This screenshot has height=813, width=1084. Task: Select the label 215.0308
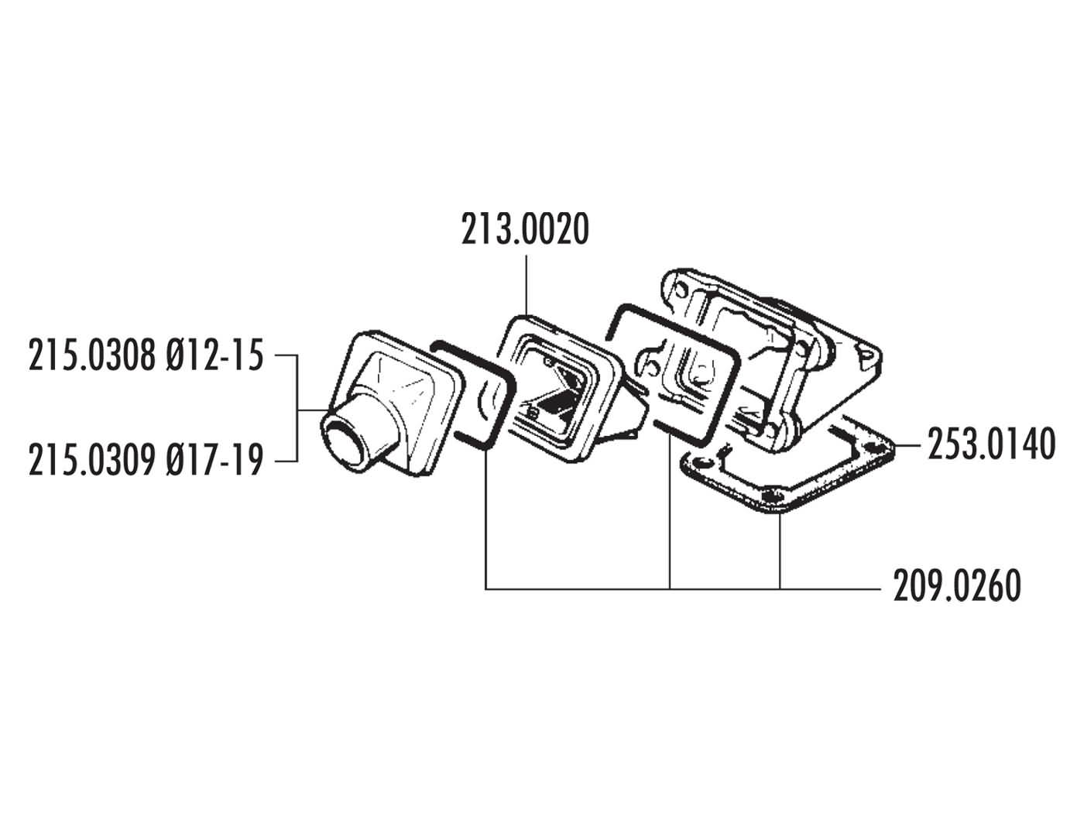point(92,358)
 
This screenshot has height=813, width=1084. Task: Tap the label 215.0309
point(92,461)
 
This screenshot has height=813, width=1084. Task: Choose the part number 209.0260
point(956,586)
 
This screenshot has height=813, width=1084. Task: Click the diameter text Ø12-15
point(214,358)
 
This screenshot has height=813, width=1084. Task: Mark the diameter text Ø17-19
point(214,461)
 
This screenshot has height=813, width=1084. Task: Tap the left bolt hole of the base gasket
point(702,461)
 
